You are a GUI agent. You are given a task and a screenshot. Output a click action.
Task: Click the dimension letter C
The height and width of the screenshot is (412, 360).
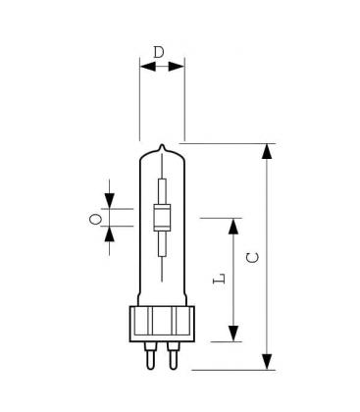[252, 257]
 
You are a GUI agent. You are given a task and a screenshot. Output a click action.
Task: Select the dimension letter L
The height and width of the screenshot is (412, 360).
[218, 278]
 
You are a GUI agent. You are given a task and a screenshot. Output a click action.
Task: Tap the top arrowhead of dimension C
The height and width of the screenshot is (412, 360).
[268, 150]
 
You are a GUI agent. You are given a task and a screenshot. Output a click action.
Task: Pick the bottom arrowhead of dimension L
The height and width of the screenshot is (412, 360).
[234, 335]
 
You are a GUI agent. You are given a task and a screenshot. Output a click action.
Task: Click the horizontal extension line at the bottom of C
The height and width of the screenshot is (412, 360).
[235, 370]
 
